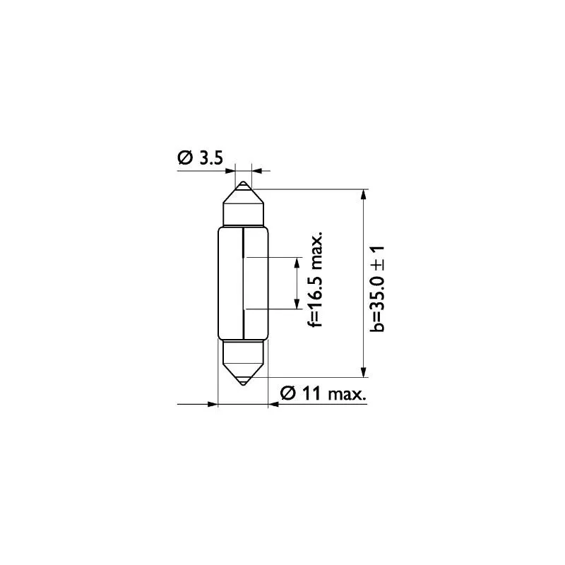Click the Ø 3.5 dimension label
201,157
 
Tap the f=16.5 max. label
315,279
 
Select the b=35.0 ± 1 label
377,289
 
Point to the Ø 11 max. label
323,393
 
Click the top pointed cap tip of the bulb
244,182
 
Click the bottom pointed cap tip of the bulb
244,384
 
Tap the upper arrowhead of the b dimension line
363,194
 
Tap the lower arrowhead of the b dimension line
363,372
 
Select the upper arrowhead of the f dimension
297,263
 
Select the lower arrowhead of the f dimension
297,304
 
